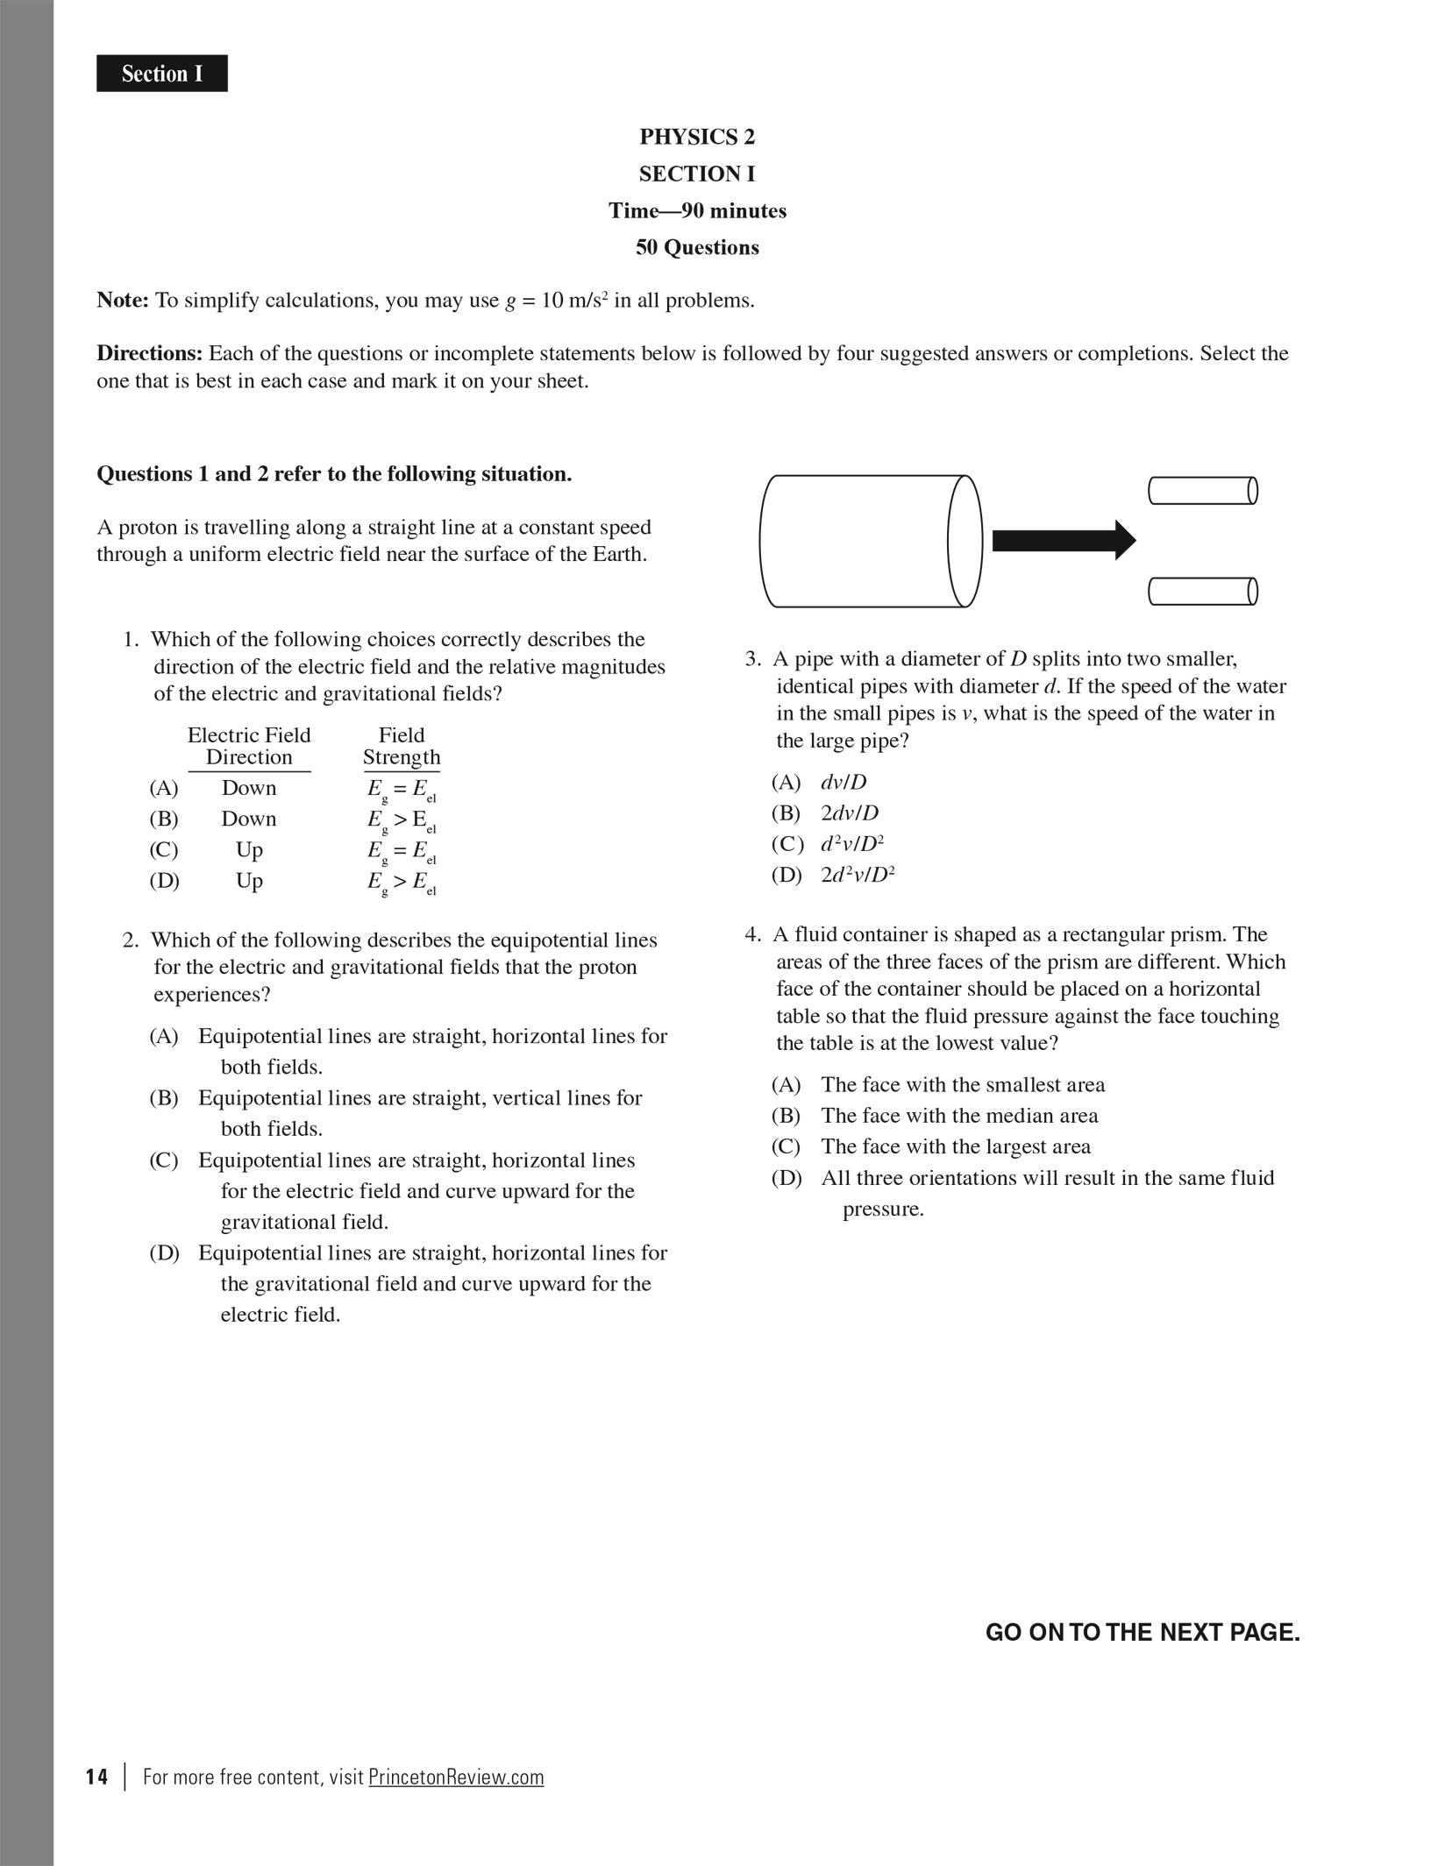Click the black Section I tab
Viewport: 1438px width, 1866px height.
click(162, 74)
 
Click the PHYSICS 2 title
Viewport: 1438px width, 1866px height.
click(697, 137)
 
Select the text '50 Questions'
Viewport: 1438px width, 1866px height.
click(697, 247)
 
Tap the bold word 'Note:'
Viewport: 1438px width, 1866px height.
click(123, 301)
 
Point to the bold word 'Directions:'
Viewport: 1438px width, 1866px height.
click(149, 353)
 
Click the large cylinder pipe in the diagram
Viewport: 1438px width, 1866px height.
click(868, 541)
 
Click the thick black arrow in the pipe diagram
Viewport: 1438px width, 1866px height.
click(1063, 540)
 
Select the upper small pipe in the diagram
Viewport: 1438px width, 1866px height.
click(1203, 491)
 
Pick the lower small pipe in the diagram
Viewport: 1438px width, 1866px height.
click(1203, 592)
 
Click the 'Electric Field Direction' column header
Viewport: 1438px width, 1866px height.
click(249, 746)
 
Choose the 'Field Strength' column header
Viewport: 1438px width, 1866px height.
click(402, 746)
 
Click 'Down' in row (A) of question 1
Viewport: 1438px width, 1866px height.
click(249, 788)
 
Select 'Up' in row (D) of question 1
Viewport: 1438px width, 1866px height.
click(249, 880)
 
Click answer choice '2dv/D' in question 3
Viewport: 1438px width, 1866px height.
click(849, 813)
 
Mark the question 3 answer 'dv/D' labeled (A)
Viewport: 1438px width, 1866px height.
click(843, 782)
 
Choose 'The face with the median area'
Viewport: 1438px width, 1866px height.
click(959, 1116)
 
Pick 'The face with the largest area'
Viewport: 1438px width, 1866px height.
click(956, 1146)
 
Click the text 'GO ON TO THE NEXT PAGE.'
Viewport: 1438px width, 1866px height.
click(1143, 1632)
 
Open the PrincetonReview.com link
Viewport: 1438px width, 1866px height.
click(456, 1777)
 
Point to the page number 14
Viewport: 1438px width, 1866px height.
click(97, 1777)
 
